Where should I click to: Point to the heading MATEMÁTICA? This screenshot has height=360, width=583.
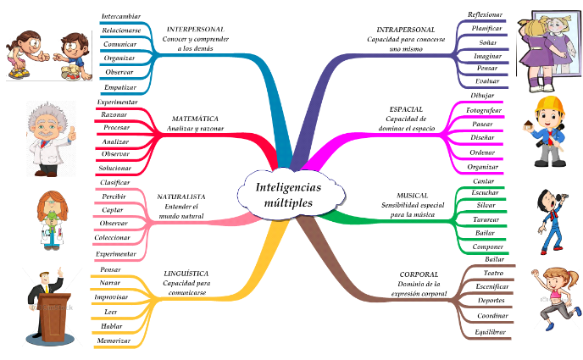(x=195, y=119)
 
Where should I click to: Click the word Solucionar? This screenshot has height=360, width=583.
(x=115, y=168)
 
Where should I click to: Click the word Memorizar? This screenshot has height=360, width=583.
(x=114, y=340)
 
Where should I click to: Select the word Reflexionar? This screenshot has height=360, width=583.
(x=485, y=14)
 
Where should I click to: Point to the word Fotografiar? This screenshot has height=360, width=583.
(x=485, y=110)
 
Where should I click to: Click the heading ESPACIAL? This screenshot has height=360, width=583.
(x=406, y=109)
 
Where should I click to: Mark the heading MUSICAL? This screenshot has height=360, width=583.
(x=412, y=195)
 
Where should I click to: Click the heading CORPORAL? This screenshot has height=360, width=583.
(x=419, y=274)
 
